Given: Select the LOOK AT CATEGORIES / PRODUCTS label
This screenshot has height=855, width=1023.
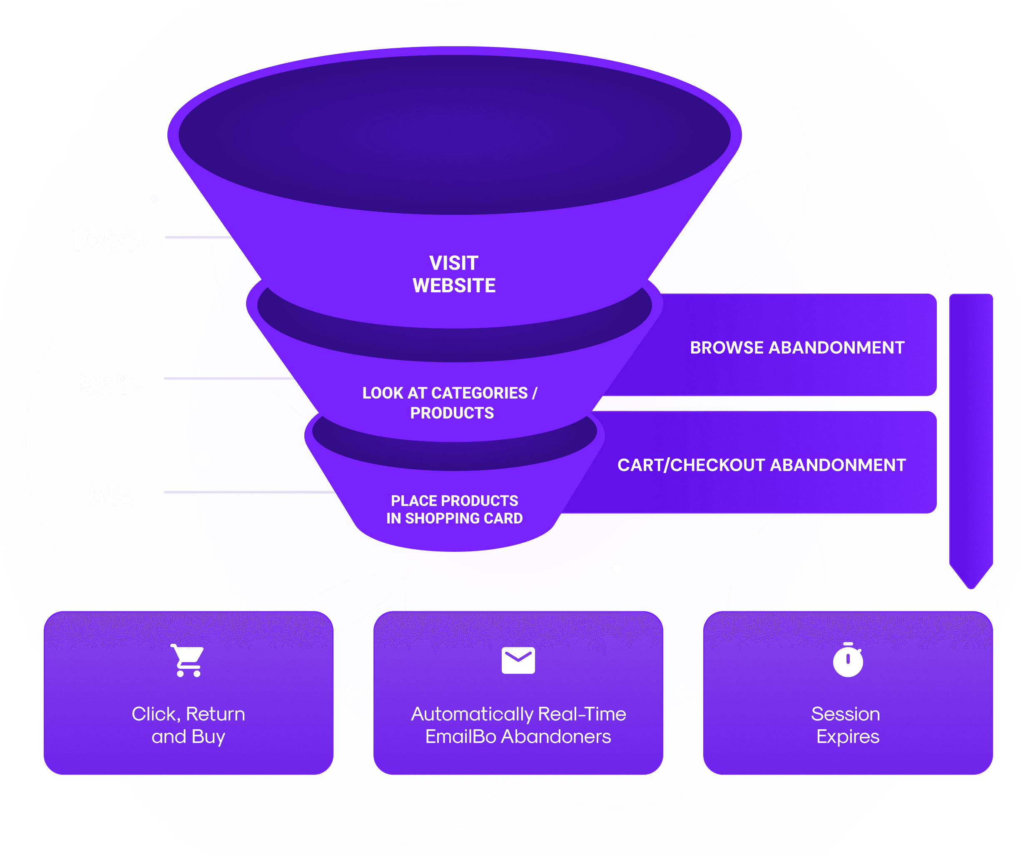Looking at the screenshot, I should [x=451, y=403].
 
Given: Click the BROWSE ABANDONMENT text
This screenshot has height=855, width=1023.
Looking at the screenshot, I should [x=797, y=348].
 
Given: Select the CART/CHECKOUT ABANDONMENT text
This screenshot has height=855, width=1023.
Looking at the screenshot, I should [x=762, y=465].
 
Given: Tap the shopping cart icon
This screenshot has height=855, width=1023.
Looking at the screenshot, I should [x=188, y=660].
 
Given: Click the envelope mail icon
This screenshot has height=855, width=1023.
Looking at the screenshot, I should [x=518, y=660].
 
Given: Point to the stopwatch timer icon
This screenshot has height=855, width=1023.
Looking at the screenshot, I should [x=848, y=660].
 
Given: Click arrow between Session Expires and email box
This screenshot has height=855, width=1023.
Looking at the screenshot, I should [x=683, y=692].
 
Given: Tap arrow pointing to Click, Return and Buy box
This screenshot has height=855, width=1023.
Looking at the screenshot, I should [x=353, y=692].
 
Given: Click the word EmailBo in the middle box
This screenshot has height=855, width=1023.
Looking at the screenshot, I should [x=460, y=737].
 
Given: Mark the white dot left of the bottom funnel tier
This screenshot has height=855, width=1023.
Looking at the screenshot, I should [x=204, y=458].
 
